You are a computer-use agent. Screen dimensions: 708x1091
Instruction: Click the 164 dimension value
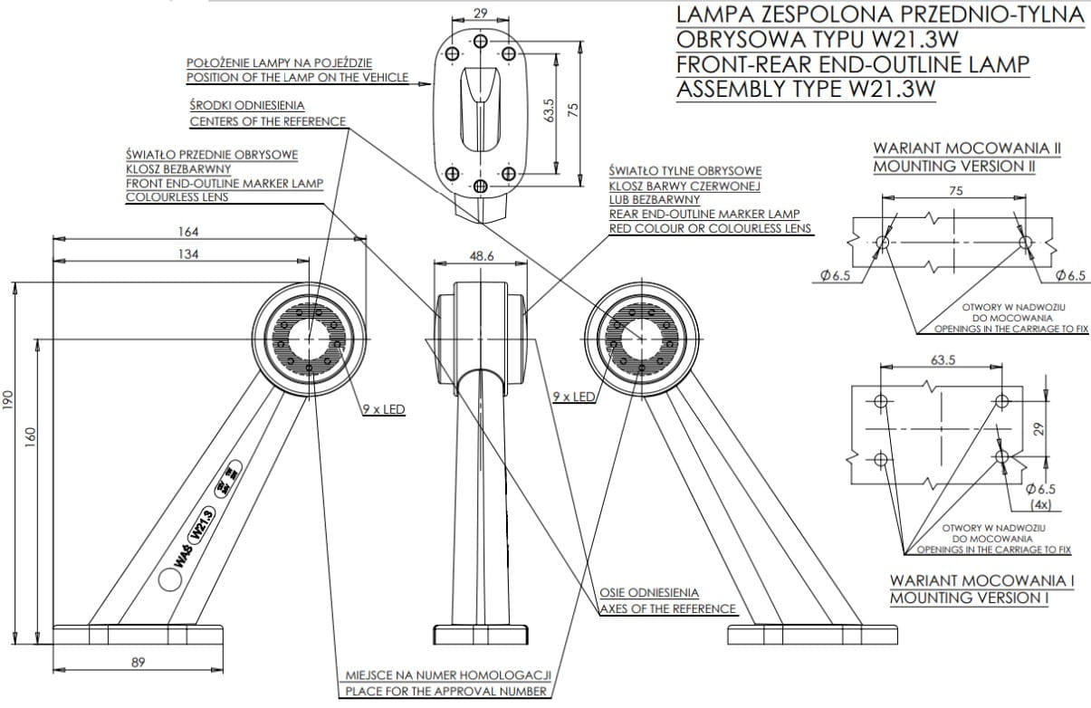click(x=190, y=232)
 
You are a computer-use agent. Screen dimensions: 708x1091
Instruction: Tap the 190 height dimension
click(x=8, y=399)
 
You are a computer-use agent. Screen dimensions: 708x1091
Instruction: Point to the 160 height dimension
click(x=31, y=436)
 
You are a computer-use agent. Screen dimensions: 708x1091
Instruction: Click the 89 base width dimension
click(x=138, y=663)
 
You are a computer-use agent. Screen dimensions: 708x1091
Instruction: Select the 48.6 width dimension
click(x=482, y=256)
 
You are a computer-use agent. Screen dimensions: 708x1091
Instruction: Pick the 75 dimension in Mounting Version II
click(x=956, y=191)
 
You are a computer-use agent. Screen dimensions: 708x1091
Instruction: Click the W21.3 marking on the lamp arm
click(x=202, y=525)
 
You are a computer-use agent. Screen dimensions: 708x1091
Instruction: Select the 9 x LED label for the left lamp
click(x=384, y=409)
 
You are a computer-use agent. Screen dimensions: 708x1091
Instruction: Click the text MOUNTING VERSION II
click(x=954, y=167)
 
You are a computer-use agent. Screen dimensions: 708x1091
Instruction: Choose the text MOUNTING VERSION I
click(x=969, y=598)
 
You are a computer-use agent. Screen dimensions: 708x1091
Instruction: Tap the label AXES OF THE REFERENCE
click(x=668, y=608)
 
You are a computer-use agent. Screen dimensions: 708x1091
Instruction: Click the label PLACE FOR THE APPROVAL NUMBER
click(x=446, y=692)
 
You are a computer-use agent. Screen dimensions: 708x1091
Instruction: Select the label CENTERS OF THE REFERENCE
click(x=267, y=121)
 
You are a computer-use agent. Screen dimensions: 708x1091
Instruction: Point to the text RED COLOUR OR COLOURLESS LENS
click(x=710, y=229)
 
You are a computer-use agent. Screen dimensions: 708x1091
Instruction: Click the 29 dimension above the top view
click(x=481, y=14)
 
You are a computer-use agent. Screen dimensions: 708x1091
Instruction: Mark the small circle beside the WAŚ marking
click(x=168, y=578)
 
